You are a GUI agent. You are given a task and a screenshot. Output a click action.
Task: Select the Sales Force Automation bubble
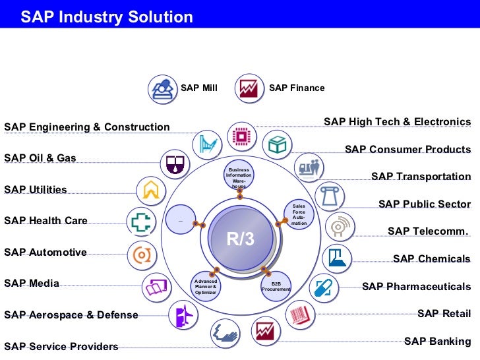[299, 215]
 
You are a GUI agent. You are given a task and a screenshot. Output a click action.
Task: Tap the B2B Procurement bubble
[276, 285]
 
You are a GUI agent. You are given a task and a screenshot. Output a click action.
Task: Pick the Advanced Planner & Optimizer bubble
[206, 285]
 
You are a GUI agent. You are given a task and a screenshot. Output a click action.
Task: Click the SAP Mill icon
[162, 88]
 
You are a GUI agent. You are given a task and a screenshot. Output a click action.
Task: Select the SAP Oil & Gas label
[40, 158]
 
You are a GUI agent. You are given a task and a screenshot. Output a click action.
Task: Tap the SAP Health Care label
[45, 221]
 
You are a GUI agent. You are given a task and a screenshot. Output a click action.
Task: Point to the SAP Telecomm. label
[429, 231]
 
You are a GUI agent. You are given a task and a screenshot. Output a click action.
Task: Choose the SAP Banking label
[437, 341]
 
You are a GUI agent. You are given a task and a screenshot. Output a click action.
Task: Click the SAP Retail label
[444, 313]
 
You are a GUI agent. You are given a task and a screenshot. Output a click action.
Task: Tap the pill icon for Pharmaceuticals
[322, 287]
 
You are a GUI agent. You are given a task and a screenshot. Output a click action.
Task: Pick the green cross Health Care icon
[140, 222]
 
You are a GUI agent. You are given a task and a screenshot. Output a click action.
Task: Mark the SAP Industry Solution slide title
[107, 17]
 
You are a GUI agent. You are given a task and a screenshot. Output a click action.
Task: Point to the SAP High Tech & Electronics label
[397, 122]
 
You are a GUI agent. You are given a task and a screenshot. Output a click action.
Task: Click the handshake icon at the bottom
[225, 334]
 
